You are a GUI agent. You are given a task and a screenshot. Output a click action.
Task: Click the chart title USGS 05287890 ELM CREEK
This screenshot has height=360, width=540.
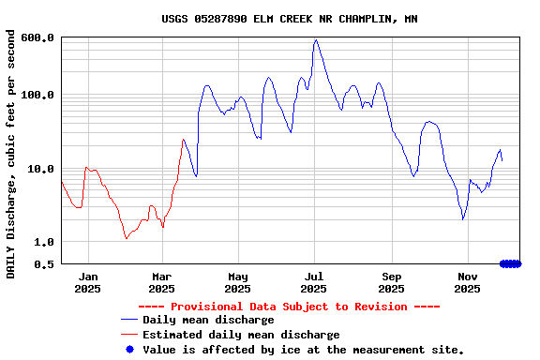tap(289, 19)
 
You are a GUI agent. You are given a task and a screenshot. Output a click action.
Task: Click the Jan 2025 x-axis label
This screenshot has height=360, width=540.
tap(87, 282)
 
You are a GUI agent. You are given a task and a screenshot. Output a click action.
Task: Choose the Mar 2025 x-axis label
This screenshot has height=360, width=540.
tap(162, 282)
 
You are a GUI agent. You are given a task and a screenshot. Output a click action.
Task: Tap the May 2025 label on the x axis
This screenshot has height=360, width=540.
tap(237, 282)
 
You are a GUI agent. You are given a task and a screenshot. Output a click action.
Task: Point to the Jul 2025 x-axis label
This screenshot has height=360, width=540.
tap(314, 282)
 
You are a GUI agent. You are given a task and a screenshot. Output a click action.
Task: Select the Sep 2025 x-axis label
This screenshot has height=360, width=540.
tap(392, 282)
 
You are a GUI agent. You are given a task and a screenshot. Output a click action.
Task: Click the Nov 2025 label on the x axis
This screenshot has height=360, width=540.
tap(468, 282)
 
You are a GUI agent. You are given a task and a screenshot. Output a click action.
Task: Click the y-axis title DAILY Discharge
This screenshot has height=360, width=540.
tap(11, 154)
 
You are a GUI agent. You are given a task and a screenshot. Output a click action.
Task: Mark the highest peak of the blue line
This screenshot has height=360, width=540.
tap(316, 40)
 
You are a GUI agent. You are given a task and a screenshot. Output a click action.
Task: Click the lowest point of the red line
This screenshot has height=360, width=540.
tap(126, 238)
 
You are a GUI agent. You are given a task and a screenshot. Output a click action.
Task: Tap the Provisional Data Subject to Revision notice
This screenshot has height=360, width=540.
tap(289, 307)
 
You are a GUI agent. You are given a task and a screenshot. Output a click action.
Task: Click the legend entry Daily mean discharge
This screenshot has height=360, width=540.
tap(208, 320)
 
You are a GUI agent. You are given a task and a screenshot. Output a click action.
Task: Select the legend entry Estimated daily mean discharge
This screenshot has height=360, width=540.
tap(241, 335)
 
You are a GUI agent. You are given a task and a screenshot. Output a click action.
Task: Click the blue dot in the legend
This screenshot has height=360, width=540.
tap(129, 349)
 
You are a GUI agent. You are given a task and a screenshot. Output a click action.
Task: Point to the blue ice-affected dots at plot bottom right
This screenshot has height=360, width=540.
tap(510, 264)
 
